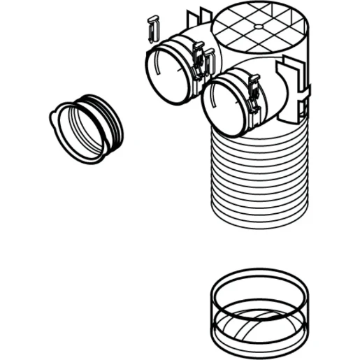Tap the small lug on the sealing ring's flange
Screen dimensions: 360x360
click(54, 120)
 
